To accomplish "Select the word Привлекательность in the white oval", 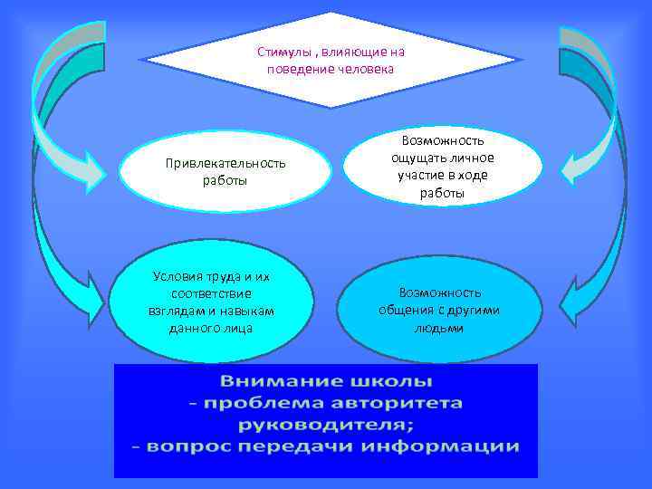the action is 225,163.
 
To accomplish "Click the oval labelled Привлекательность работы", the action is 225,172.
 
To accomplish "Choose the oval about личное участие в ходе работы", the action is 443,166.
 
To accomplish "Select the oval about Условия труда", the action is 212,301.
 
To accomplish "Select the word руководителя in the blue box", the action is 325,424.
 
